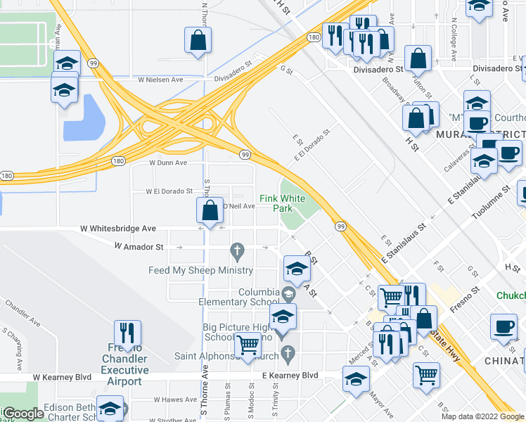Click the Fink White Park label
pyautogui.click(x=282, y=203)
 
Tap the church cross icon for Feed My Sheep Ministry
pyautogui.click(x=238, y=250)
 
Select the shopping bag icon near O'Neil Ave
pyautogui.click(x=210, y=210)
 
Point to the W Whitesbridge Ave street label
pyautogui.click(x=118, y=229)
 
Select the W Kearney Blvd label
pyautogui.click(x=62, y=377)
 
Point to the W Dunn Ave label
pyautogui.click(x=168, y=162)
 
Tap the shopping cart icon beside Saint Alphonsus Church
pyautogui.click(x=248, y=345)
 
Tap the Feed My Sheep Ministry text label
pyautogui.click(x=200, y=270)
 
